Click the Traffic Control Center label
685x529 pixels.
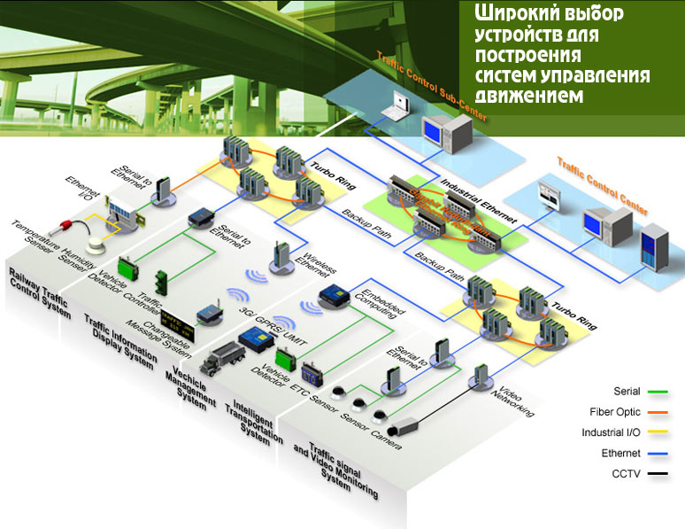602,185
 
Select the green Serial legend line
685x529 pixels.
657,391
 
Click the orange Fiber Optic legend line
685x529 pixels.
657,412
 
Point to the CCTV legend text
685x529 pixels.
627,474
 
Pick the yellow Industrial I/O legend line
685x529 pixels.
657,433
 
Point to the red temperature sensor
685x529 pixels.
68,219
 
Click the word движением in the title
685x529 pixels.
530,94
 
